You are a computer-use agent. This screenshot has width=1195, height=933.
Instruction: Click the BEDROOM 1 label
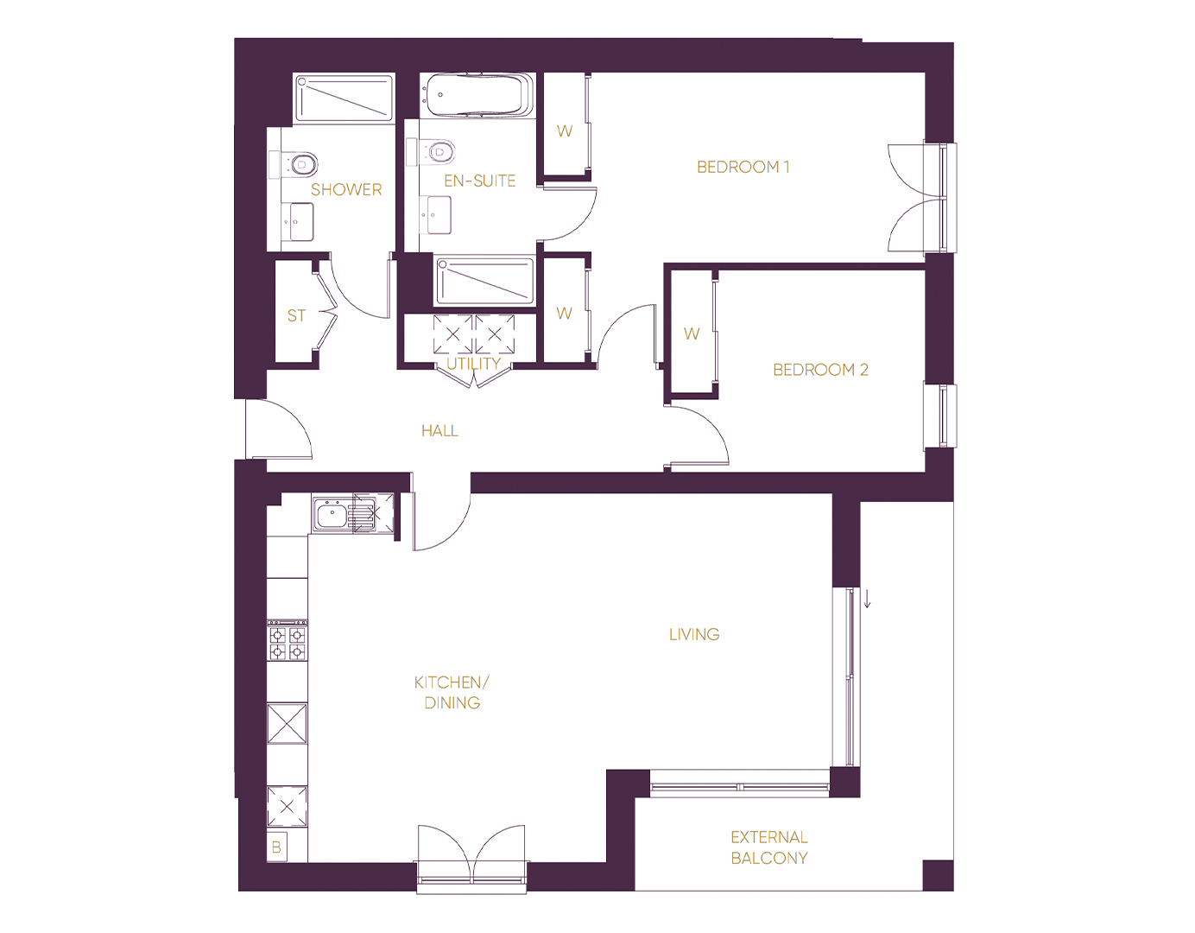coord(743,167)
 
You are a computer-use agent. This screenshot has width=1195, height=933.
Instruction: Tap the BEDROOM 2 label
coord(820,370)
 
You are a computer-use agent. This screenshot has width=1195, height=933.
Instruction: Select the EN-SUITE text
coord(479,181)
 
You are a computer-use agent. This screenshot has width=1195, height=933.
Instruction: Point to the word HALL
coord(439,431)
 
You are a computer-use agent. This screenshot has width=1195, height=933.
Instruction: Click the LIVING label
coord(694,634)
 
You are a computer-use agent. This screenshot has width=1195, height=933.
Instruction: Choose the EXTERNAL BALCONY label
coord(768,847)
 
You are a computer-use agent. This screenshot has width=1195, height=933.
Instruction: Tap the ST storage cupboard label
coord(296,316)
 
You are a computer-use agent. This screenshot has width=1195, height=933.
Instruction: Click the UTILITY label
coord(473,364)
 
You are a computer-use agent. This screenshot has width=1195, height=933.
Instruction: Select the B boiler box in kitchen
coord(276,847)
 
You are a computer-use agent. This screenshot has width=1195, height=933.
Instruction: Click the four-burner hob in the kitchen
coord(287,640)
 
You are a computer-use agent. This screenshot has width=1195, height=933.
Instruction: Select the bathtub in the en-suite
coord(477,95)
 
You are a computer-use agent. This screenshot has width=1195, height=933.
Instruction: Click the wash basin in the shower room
coord(300,222)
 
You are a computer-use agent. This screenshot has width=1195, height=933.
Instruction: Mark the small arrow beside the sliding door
coord(867,599)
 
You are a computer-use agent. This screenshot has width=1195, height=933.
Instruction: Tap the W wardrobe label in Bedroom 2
coord(692,333)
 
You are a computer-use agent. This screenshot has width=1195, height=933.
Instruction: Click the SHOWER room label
coord(346,190)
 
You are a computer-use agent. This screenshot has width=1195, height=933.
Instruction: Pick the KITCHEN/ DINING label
coord(452,693)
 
